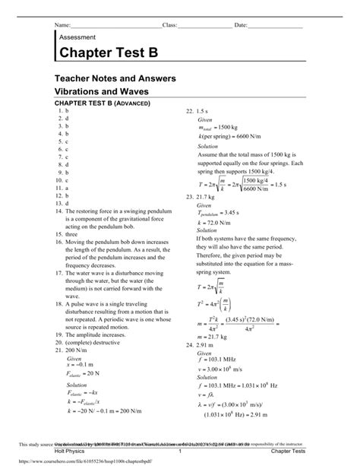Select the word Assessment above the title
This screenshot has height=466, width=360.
(x=77, y=36)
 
